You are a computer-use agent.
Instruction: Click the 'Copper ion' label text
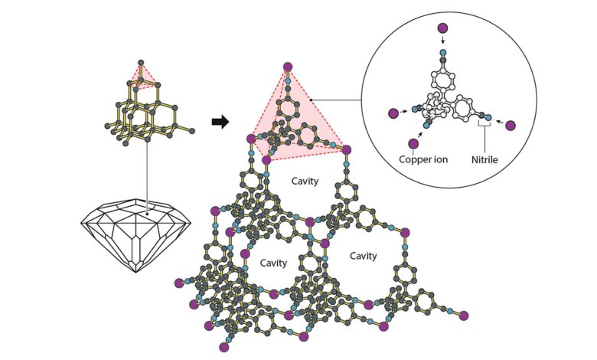(x=423, y=159)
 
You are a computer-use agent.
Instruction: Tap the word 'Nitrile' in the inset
(x=484, y=159)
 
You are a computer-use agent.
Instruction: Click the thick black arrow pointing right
(x=220, y=122)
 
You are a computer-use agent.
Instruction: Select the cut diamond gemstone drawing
(x=135, y=235)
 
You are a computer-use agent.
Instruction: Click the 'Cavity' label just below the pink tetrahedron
(x=305, y=181)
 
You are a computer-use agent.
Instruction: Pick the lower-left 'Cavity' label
(x=273, y=263)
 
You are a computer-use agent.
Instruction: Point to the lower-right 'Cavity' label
(x=364, y=256)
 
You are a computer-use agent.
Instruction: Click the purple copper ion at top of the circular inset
(x=442, y=28)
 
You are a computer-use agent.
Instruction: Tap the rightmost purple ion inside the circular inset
(x=511, y=126)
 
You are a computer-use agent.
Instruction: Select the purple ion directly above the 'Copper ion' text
(x=413, y=144)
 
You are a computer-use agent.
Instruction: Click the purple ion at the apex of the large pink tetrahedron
(x=289, y=67)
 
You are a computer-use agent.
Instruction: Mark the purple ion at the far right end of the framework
(x=464, y=316)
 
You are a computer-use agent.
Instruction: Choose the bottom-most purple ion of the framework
(x=223, y=347)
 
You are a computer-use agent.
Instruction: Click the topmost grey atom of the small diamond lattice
(x=141, y=62)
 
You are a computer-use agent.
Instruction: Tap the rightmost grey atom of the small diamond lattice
(x=192, y=131)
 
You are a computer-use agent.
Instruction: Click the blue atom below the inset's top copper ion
(x=443, y=52)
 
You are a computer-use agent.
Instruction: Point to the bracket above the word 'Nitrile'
(x=484, y=124)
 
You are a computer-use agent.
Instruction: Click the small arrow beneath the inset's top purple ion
(x=442, y=40)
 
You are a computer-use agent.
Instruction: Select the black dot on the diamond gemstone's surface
(x=148, y=214)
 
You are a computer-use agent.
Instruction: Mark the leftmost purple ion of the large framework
(x=179, y=283)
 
